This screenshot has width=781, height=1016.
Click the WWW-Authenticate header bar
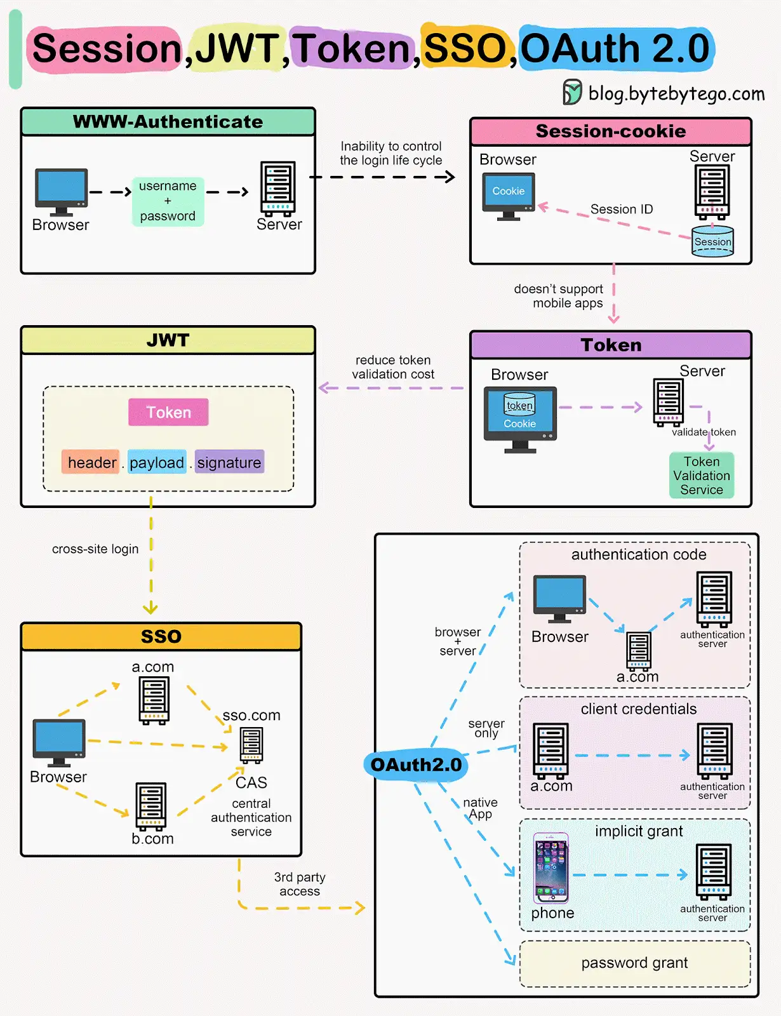[168, 121]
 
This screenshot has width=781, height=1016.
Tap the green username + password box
[168, 201]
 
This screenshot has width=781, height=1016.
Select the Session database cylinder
[712, 241]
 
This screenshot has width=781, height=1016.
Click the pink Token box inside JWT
[168, 412]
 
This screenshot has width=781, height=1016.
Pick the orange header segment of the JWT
[91, 462]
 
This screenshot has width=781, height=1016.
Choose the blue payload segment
[157, 462]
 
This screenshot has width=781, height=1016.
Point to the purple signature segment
[229, 462]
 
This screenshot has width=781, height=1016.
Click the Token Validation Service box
[702, 475]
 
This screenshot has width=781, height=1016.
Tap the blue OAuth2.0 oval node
[415, 765]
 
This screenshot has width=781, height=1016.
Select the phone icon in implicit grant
[551, 868]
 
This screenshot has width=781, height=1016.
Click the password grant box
[635, 963]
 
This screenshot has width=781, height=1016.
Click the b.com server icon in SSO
[151, 806]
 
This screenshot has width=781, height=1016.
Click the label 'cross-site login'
[95, 549]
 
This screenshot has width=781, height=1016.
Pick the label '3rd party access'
[300, 884]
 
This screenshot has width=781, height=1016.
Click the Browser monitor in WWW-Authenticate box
[61, 192]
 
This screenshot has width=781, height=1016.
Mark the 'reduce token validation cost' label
[393, 367]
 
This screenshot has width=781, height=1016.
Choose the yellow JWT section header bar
[168, 340]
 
